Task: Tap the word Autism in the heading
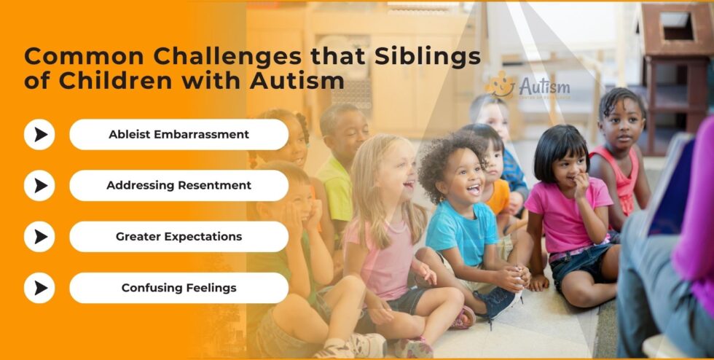click(297, 80)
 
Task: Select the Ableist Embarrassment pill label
click(178, 134)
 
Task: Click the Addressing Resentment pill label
click(178, 185)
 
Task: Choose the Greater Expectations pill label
click(178, 237)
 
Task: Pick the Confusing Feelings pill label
click(178, 288)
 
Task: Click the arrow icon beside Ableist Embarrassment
click(39, 134)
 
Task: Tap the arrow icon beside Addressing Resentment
click(39, 185)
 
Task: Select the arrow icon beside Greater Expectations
click(39, 237)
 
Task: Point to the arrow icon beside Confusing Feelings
click(39, 288)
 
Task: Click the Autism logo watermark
click(530, 87)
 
